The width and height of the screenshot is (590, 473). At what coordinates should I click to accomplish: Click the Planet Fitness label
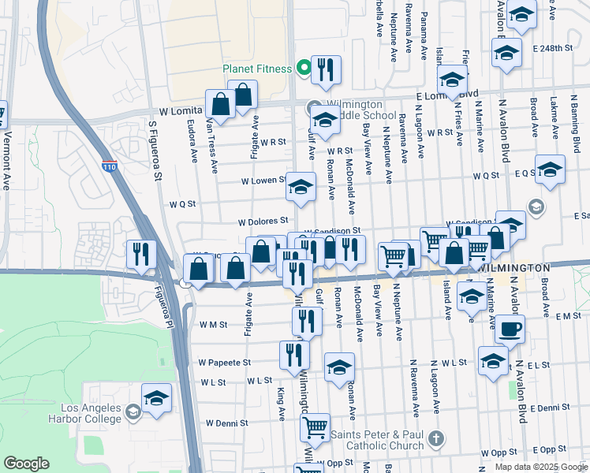tap(257, 69)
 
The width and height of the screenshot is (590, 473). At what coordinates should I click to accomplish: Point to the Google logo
tap(26, 464)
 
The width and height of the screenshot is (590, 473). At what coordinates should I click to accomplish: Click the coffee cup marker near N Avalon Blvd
tap(510, 329)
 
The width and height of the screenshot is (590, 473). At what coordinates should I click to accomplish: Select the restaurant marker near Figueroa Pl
tap(141, 254)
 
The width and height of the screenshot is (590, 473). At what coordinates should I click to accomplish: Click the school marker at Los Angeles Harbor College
tap(156, 397)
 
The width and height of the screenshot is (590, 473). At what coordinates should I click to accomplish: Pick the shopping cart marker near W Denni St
tap(315, 427)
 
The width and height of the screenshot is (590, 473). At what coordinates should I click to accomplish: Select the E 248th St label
tap(551, 48)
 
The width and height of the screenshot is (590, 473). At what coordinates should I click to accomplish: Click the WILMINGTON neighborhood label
tap(514, 268)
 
